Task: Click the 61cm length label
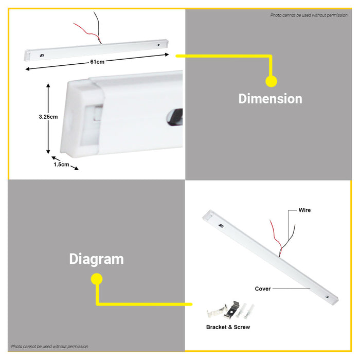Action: pos(97,62)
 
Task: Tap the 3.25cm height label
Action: pos(48,117)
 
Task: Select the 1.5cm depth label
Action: pos(61,165)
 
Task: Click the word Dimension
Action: pos(270,99)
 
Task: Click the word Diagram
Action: pos(97,260)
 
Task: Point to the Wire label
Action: pos(304,210)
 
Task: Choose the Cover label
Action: pos(263,289)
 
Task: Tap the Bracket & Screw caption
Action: pos(228,327)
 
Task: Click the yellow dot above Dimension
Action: pos(271,81)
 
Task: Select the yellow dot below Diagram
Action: pos(97,279)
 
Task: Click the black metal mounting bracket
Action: pos(232,310)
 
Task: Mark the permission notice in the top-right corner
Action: pos(309,15)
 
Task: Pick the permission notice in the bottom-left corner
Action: pos(49,346)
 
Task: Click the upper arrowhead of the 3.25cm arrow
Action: pos(48,85)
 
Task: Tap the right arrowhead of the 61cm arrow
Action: pos(167,55)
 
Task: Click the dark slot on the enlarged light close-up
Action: pos(175,117)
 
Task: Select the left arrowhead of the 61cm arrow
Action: pos(28,69)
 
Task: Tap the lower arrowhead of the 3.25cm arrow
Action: pos(48,152)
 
